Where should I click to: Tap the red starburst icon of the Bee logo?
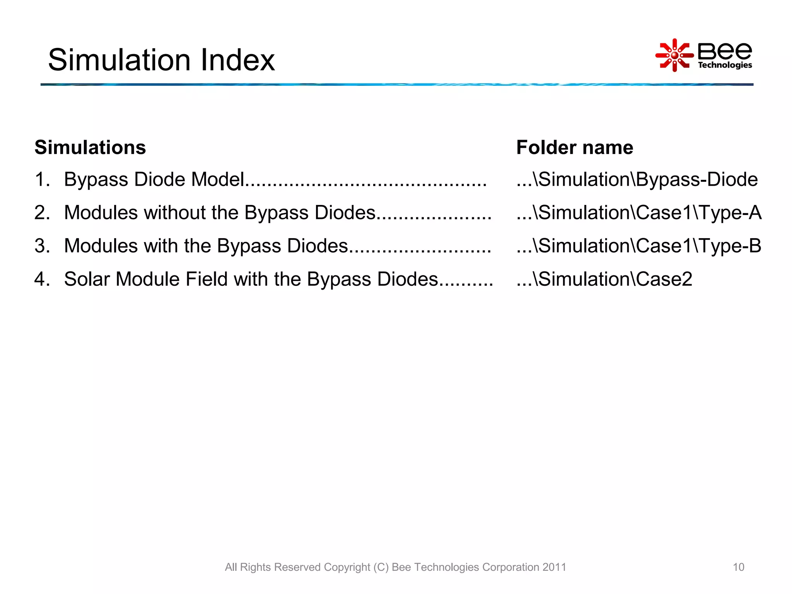(x=674, y=55)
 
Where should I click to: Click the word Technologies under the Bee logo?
(x=725, y=65)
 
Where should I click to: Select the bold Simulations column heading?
(x=90, y=147)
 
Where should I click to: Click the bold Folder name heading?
(x=575, y=147)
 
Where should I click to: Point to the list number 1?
(x=42, y=179)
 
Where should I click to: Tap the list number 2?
(x=42, y=213)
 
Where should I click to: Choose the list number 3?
(x=42, y=246)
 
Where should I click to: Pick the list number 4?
(x=42, y=279)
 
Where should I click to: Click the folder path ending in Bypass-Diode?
(x=637, y=179)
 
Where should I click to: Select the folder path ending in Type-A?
(x=639, y=213)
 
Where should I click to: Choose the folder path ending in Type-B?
(x=639, y=246)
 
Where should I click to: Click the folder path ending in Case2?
(x=604, y=279)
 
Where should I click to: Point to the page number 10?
(x=738, y=567)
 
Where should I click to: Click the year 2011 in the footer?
(x=554, y=567)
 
